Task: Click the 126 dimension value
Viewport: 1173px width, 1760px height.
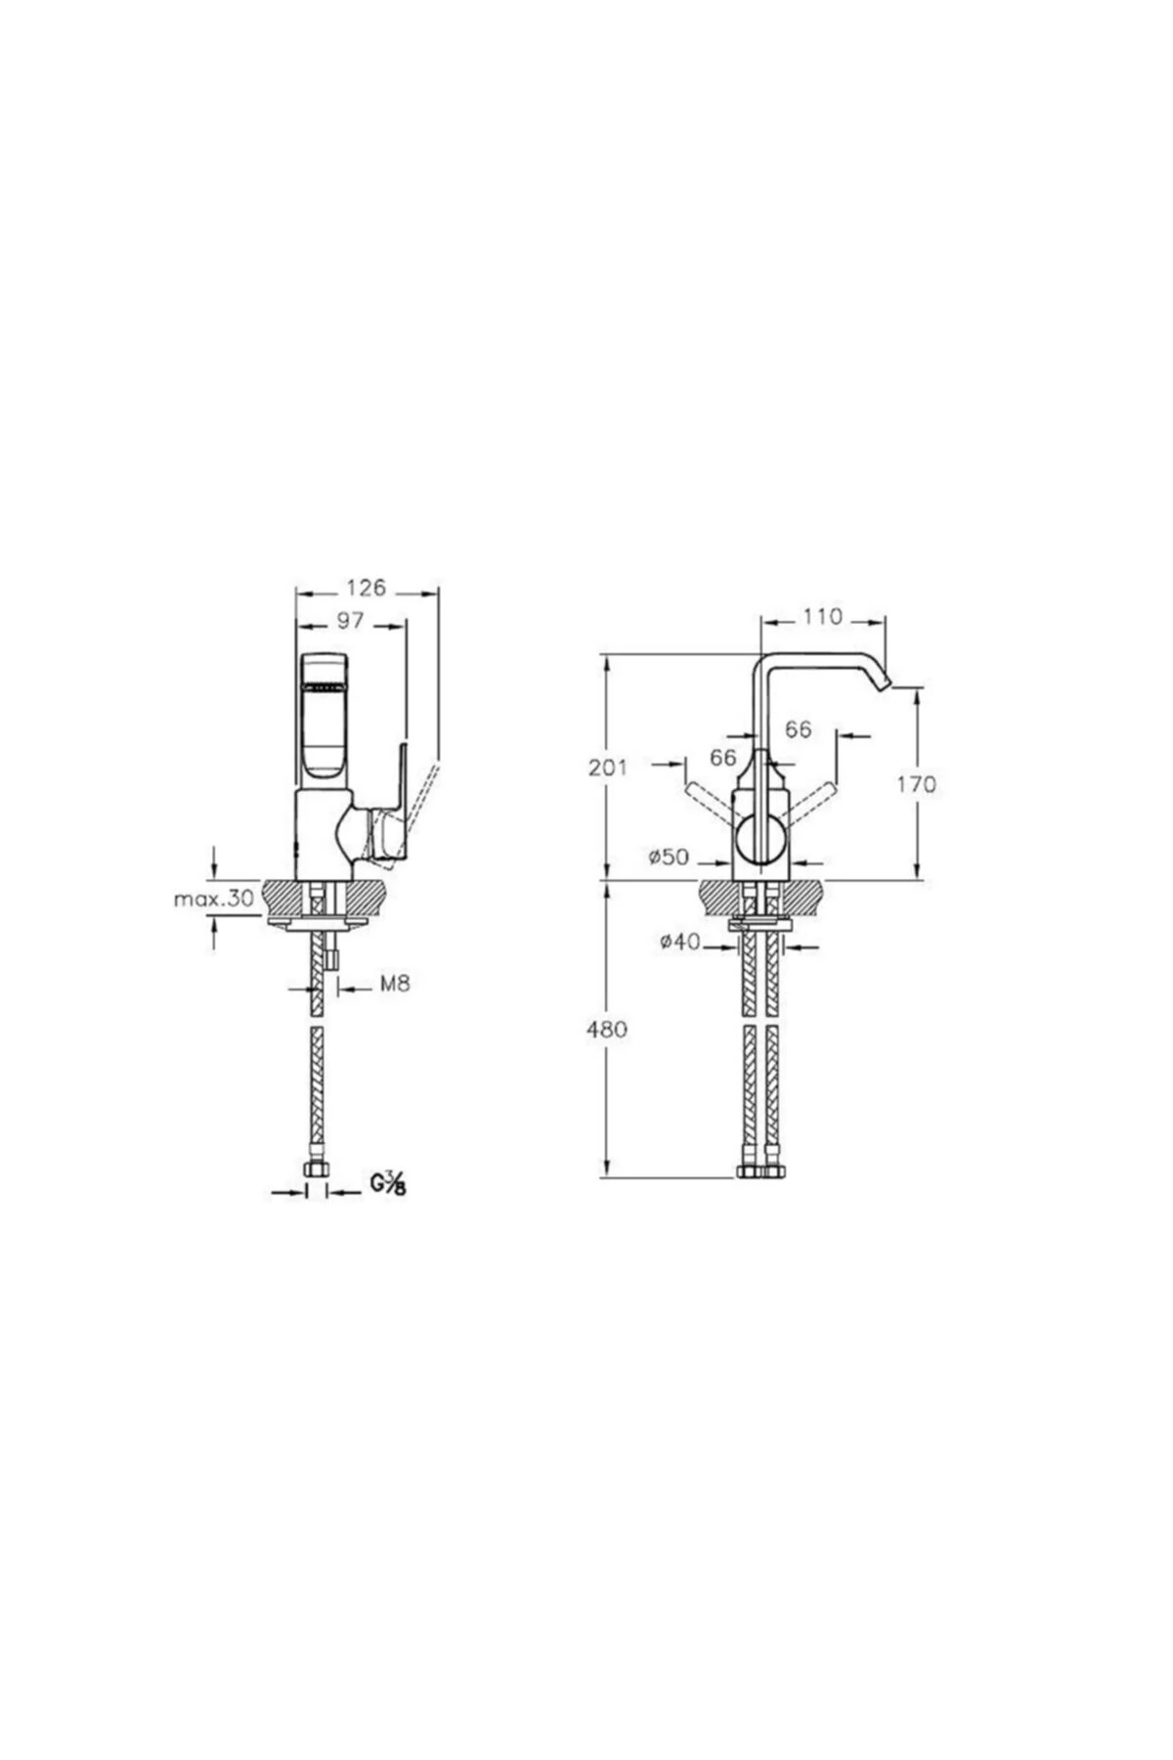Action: point(366,588)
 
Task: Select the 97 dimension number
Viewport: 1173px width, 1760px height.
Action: point(350,620)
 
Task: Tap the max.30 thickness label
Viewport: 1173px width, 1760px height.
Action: point(213,899)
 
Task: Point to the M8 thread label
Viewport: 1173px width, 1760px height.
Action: point(394,984)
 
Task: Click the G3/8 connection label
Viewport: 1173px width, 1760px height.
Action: point(388,1183)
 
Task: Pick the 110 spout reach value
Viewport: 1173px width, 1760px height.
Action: point(822,617)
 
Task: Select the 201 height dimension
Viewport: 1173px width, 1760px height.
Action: point(607,769)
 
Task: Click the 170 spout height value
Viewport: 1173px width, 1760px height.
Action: point(916,783)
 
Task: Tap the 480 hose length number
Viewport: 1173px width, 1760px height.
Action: point(607,1029)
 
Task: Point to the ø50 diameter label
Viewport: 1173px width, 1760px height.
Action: point(669,858)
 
